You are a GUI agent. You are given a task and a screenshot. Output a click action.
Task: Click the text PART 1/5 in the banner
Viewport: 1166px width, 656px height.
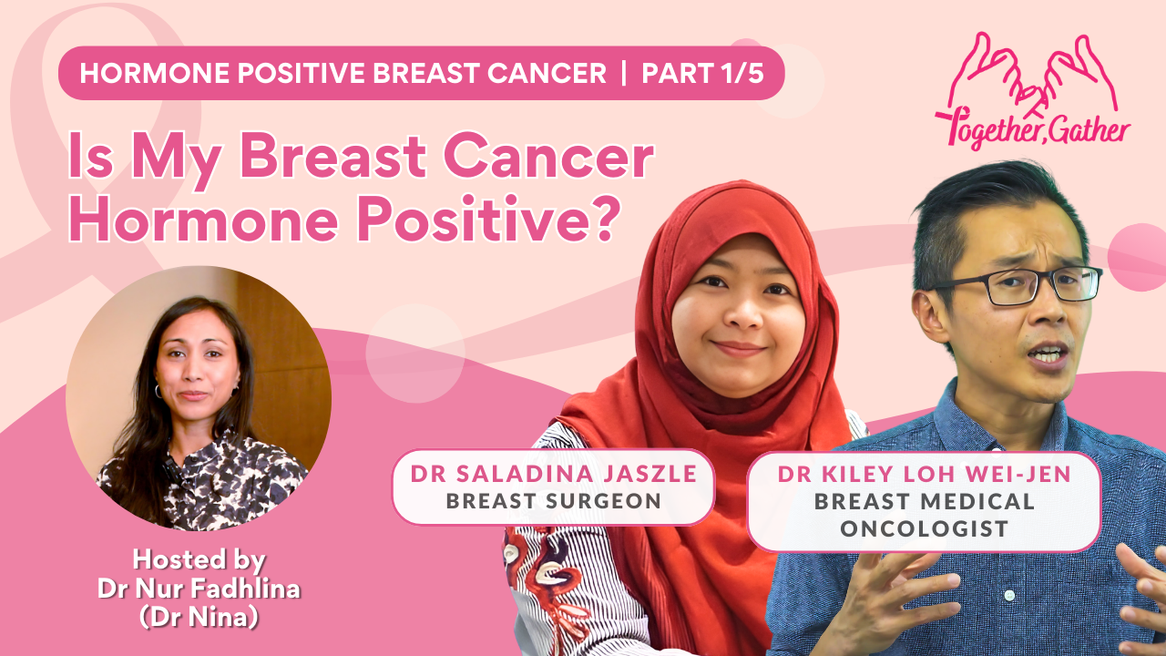click(x=702, y=73)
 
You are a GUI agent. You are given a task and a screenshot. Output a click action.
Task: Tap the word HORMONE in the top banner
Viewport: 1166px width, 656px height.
click(x=155, y=73)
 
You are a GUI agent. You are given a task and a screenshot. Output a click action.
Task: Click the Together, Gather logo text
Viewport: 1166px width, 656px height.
click(x=1033, y=128)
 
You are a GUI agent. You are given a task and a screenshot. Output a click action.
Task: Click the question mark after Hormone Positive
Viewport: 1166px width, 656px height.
click(x=606, y=219)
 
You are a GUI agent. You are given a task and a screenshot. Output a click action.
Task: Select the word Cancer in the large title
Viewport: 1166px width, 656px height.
click(x=548, y=156)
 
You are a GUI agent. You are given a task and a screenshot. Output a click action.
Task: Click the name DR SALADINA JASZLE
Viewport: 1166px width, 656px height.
click(x=553, y=474)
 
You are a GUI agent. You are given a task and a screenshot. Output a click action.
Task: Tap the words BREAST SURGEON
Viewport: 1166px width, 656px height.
click(x=553, y=501)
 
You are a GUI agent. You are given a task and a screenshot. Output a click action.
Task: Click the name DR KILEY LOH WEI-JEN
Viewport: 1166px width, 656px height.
click(x=925, y=474)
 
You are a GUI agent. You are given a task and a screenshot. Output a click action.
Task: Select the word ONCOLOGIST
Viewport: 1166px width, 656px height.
click(x=925, y=528)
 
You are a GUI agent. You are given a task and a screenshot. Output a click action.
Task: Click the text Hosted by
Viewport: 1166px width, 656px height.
click(x=199, y=559)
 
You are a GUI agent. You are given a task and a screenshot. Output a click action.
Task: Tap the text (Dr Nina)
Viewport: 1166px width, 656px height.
click(x=199, y=618)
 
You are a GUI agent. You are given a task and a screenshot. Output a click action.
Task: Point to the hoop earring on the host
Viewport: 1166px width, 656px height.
click(x=158, y=391)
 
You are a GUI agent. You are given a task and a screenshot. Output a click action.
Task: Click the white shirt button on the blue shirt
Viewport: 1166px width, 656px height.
click(x=1009, y=595)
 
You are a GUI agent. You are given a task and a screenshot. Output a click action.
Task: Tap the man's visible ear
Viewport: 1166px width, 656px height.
click(x=929, y=316)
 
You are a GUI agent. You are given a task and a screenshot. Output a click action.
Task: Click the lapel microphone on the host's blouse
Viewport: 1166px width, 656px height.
click(x=169, y=470)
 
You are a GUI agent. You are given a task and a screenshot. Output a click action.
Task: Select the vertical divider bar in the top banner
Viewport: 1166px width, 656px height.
click(x=624, y=73)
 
